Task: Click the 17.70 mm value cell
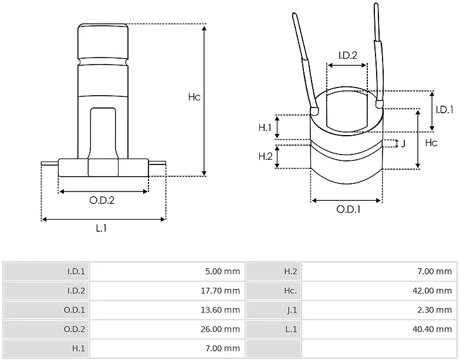(x=220, y=291)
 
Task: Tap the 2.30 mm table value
(x=434, y=310)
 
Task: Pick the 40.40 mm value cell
(x=432, y=329)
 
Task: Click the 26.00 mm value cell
(x=220, y=329)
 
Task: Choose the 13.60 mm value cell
(x=220, y=310)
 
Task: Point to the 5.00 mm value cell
(x=222, y=271)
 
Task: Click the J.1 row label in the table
(x=292, y=310)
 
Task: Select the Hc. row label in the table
(x=290, y=291)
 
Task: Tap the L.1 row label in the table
(x=291, y=329)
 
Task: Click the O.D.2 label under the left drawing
(x=102, y=200)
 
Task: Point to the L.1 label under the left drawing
(x=101, y=228)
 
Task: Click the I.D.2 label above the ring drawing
(x=347, y=55)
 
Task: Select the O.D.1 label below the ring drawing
(x=349, y=209)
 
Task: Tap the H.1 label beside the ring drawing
(x=265, y=127)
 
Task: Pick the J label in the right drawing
(x=403, y=143)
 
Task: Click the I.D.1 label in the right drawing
(x=445, y=110)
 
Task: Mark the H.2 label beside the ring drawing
(x=265, y=156)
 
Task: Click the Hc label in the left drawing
(x=194, y=97)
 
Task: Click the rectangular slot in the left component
(x=103, y=134)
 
